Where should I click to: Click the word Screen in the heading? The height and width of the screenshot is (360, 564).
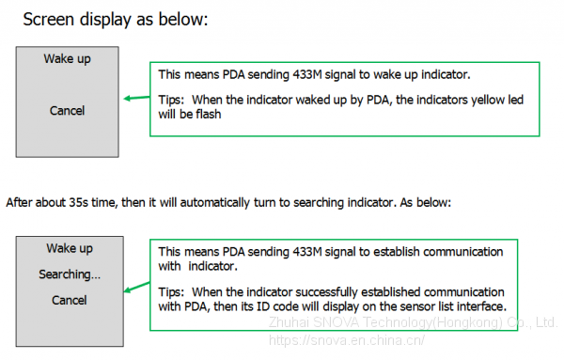click(x=49, y=19)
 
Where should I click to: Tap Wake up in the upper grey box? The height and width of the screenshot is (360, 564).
click(x=68, y=58)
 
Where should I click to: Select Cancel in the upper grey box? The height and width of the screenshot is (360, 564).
click(x=68, y=110)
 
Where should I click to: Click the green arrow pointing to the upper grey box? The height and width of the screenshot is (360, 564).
click(x=136, y=98)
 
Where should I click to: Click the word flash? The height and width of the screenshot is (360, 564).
click(x=209, y=114)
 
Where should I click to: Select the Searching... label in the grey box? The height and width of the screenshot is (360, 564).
click(x=70, y=274)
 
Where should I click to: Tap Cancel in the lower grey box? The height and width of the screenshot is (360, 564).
click(x=69, y=300)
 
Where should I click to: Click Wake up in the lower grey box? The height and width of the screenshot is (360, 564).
click(x=70, y=248)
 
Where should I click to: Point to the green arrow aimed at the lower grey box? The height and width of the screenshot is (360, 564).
click(x=136, y=287)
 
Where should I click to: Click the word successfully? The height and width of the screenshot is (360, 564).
click(x=326, y=292)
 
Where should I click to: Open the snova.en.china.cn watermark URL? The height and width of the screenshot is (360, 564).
click(x=346, y=340)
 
